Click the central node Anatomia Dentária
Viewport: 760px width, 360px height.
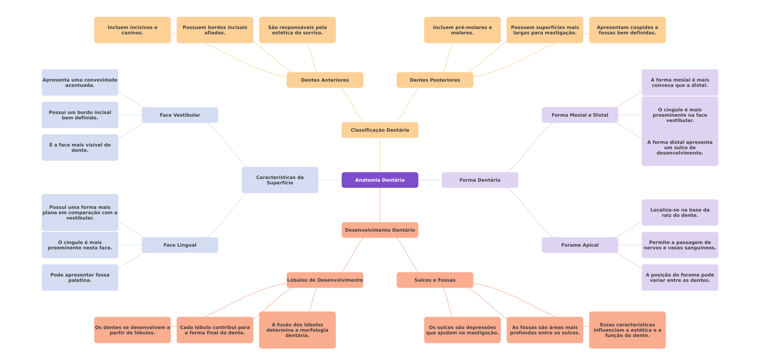pos(380,180)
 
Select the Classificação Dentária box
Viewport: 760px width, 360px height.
pos(380,130)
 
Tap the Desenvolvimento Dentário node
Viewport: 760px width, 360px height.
pos(380,230)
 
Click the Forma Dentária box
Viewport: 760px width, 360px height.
pos(480,180)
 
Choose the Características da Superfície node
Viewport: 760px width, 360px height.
pos(280,180)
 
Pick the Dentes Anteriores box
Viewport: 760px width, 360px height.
pos(325,80)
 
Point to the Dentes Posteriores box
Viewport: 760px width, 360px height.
pos(435,80)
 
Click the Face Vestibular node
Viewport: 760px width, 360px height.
pos(180,115)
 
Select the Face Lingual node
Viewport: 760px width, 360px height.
pos(180,245)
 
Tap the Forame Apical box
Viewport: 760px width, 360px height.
pos(580,245)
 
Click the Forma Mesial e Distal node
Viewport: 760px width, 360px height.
pos(580,115)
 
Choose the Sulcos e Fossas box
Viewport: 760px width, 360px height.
pos(435,280)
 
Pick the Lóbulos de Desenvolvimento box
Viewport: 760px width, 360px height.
pos(325,280)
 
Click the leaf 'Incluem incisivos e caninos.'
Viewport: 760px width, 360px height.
pos(132,30)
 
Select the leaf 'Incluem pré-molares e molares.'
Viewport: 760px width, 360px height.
pos(462,30)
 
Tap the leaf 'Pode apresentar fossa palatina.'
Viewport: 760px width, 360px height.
pos(80,277)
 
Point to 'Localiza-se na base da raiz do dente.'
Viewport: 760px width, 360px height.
pos(680,213)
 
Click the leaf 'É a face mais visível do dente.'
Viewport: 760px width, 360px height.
pos(80,147)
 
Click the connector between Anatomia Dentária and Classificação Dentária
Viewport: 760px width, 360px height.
pos(380,155)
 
